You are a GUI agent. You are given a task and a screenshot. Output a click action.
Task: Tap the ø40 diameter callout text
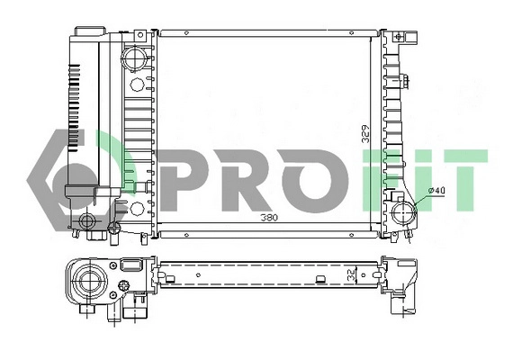[x=437, y=190]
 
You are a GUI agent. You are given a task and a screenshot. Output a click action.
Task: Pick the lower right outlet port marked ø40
[x=404, y=214]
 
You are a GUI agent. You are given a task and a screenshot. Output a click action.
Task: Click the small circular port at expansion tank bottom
[x=87, y=220]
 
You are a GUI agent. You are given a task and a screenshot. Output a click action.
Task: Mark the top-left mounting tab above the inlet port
[x=139, y=35]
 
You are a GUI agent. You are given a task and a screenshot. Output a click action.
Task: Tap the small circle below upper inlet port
[x=137, y=85]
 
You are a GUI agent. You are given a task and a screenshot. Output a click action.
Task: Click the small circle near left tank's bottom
[x=137, y=208]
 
